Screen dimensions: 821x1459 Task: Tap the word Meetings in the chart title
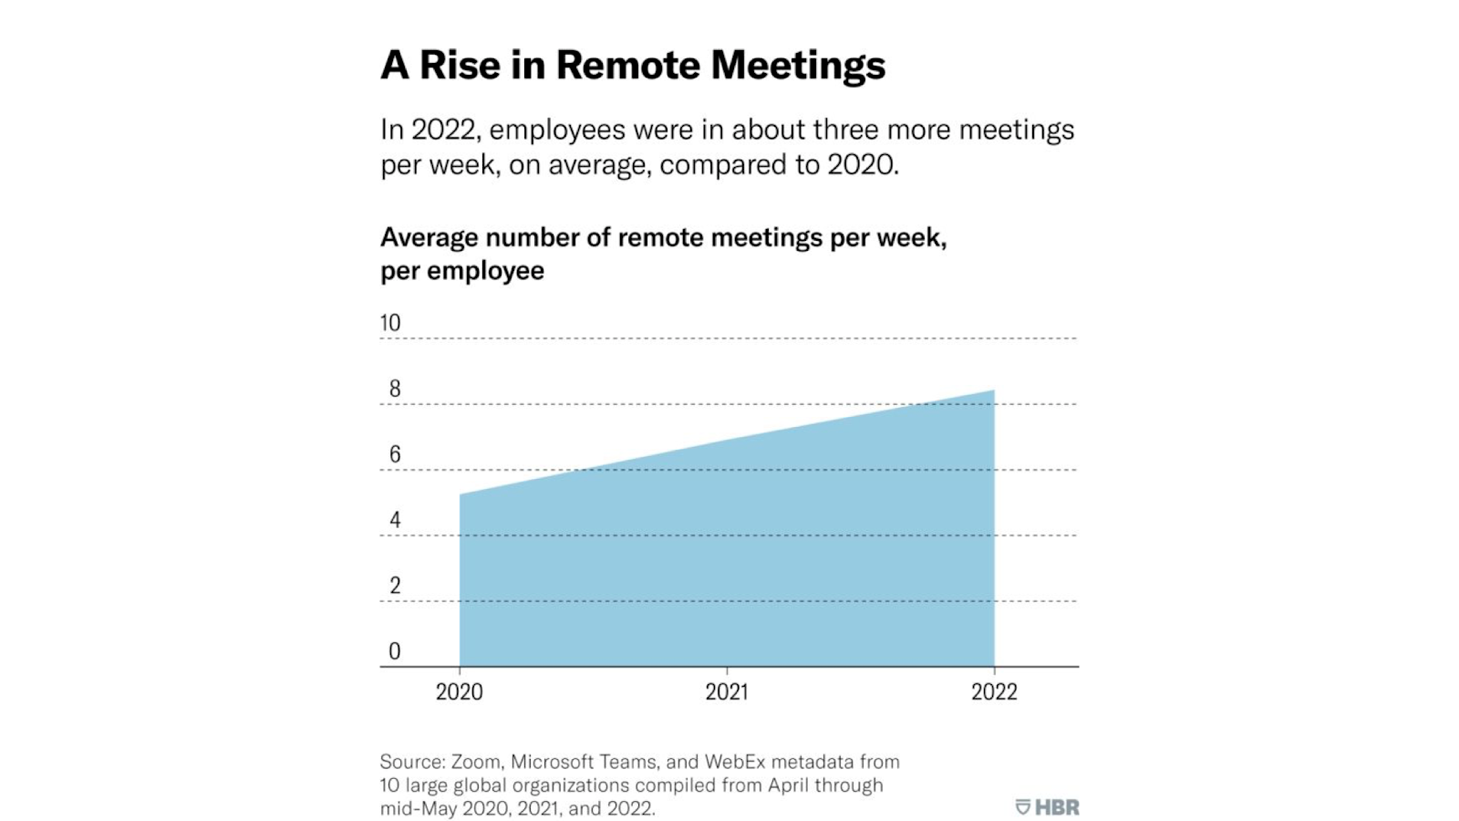click(798, 66)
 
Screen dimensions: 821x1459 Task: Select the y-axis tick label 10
click(390, 323)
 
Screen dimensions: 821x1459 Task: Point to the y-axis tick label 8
click(395, 389)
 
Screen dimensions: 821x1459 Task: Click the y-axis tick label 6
click(395, 454)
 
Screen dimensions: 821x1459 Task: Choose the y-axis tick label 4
click(395, 520)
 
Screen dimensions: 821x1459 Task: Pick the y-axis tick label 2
click(395, 586)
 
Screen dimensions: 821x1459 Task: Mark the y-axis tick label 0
click(395, 651)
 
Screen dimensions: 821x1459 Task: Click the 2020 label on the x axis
click(460, 691)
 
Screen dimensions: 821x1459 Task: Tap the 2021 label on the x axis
click(727, 691)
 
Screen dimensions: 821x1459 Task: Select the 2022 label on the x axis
click(994, 691)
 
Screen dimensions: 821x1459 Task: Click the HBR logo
click(1048, 807)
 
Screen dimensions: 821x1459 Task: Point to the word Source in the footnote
click(411, 762)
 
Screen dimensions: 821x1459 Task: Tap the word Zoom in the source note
click(476, 762)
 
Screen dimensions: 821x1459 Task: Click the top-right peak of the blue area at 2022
click(993, 391)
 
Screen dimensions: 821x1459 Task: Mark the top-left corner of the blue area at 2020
click(460, 495)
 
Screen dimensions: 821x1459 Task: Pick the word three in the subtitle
click(845, 130)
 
